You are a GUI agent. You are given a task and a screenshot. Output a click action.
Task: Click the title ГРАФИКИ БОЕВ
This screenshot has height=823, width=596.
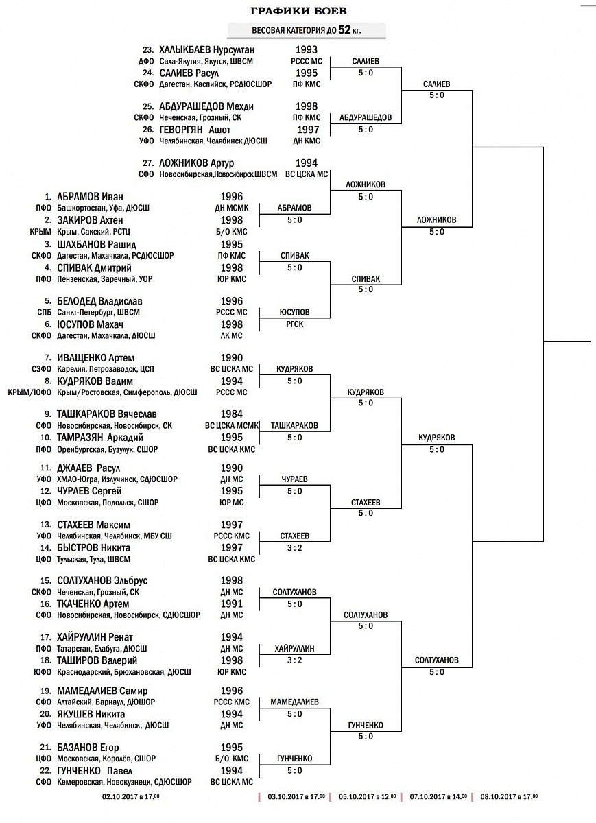pos(298,11)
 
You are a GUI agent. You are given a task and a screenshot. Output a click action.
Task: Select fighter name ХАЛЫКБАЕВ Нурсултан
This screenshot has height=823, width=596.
pos(206,50)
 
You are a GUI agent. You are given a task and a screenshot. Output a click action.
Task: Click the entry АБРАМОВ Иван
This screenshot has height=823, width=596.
pos(90,196)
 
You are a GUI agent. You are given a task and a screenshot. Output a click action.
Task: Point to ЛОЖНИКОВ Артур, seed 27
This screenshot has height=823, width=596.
pos(196,163)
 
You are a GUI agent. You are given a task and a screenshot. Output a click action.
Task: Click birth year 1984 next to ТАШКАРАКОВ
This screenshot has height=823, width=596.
pos(232,414)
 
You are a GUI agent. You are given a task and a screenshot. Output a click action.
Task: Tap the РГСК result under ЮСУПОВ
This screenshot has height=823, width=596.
pos(295,324)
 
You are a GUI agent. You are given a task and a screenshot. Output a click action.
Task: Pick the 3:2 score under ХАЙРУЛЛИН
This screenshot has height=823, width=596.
pos(295,660)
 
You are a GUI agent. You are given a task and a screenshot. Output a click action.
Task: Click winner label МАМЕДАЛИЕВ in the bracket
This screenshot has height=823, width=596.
pos(295,702)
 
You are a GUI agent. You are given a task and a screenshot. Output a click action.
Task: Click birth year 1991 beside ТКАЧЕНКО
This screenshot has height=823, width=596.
pos(232,604)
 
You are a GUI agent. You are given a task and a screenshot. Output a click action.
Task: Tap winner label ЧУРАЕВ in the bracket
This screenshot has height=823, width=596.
pos(295,479)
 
